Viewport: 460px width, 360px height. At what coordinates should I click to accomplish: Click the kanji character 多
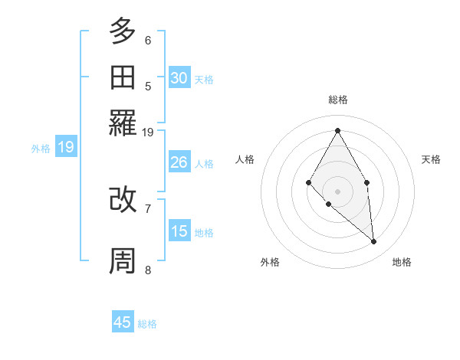click(123, 31)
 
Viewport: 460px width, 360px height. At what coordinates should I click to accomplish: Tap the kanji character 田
click(123, 77)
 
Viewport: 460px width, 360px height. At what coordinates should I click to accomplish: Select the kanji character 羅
click(123, 123)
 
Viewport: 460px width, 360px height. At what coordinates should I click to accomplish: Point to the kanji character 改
click(123, 200)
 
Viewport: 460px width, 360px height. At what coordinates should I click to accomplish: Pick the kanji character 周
click(123, 261)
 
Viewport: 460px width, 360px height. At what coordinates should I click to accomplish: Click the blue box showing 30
click(179, 78)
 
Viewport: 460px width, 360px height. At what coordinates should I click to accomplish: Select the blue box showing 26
click(179, 162)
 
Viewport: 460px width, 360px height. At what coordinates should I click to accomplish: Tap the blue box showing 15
click(179, 231)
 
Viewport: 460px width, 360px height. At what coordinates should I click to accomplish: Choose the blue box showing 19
click(66, 148)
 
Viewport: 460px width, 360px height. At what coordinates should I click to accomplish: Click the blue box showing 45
click(123, 322)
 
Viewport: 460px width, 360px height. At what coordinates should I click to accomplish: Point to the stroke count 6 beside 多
click(148, 40)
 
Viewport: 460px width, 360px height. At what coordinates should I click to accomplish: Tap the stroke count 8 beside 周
click(148, 270)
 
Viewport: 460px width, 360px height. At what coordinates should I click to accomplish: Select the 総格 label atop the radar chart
click(338, 100)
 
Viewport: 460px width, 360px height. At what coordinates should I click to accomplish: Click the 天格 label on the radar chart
click(431, 159)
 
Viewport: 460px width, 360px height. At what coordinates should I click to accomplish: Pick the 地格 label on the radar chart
click(402, 262)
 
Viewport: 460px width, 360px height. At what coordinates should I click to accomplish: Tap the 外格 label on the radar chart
click(270, 262)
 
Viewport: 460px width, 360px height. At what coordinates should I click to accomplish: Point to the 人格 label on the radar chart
click(245, 159)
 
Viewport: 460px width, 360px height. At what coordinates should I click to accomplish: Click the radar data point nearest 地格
click(374, 242)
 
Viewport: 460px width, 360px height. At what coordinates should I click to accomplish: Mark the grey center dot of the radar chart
click(338, 191)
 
